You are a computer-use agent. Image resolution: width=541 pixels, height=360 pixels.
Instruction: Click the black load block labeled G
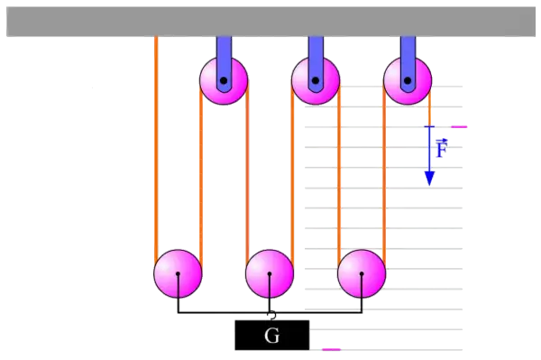point(272,335)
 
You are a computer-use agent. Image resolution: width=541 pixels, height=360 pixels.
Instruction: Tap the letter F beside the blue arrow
point(442,148)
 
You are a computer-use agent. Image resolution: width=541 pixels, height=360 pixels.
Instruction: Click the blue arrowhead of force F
point(429,179)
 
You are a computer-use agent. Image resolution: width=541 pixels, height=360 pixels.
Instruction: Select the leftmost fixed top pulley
point(224,81)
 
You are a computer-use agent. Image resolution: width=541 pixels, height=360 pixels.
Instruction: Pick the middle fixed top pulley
point(316,81)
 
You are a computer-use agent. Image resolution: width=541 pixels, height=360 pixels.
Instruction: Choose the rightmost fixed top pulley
point(408,81)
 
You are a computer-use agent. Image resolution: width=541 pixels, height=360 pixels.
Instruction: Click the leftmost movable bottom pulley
point(178,273)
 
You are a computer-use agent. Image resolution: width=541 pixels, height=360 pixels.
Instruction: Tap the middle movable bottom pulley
point(270,273)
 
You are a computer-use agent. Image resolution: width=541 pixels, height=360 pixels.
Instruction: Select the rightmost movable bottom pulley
point(362,273)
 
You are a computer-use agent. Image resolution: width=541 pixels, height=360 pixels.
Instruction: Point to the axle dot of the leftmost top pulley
point(224,81)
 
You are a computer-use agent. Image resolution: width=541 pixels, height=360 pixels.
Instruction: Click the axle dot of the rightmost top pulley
point(408,81)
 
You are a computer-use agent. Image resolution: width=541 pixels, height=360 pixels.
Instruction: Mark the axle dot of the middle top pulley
point(316,81)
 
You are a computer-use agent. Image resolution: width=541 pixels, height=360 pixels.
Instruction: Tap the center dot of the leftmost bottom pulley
point(178,273)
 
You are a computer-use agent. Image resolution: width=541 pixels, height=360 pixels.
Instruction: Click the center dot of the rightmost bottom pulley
point(362,273)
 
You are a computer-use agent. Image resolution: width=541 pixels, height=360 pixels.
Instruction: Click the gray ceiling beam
point(270,22)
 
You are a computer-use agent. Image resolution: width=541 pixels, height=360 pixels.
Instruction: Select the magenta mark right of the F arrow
point(459,127)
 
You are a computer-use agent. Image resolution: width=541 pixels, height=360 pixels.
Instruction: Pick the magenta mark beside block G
point(331,350)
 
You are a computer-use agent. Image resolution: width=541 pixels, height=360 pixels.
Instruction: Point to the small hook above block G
point(272,315)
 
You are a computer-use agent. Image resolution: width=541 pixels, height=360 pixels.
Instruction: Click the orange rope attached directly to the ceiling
point(156,148)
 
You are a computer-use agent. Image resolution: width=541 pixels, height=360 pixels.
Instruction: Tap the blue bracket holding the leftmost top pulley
point(224,62)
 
